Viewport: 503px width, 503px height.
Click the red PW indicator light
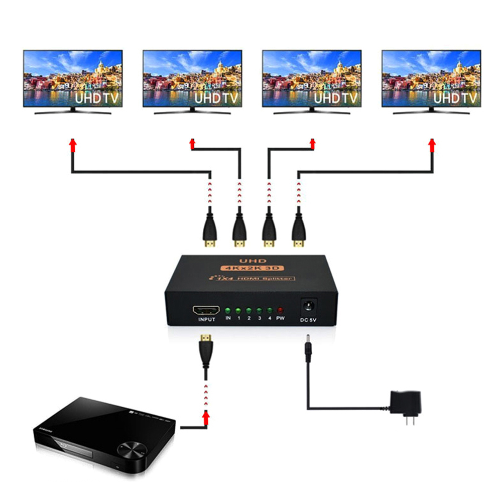tap(280, 310)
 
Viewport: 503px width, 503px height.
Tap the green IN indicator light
tap(228, 310)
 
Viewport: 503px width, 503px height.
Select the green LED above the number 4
tap(270, 310)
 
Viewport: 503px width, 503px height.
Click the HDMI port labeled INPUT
tap(205, 310)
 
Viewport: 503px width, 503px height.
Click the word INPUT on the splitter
tap(206, 320)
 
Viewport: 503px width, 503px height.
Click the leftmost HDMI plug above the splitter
tap(209, 231)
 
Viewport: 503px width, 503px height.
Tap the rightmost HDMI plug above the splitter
tap(299, 231)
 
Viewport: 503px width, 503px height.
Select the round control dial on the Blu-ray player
tap(130, 447)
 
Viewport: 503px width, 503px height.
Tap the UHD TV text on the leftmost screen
tap(97, 98)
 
